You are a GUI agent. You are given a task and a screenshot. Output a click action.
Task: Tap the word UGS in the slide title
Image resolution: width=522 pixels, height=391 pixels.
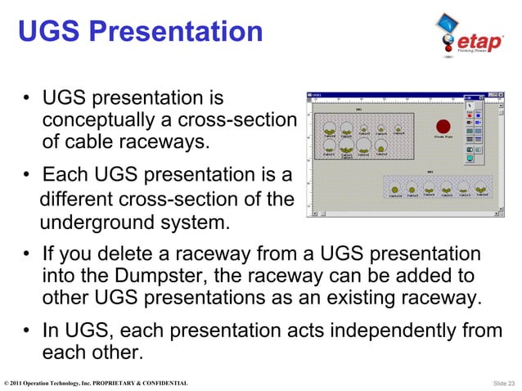point(50,33)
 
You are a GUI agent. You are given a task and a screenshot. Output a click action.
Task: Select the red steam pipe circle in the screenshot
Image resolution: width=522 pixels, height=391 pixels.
point(443,127)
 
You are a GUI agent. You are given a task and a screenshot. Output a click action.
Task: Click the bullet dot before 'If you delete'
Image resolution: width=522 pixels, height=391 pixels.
point(29,255)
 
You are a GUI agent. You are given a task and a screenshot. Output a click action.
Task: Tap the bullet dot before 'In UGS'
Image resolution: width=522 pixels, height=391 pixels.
point(29,332)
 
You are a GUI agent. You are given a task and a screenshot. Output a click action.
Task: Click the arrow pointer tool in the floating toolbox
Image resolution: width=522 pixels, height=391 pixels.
point(470,106)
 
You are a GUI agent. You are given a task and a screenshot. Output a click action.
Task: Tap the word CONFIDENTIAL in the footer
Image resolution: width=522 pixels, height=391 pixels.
point(164,383)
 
